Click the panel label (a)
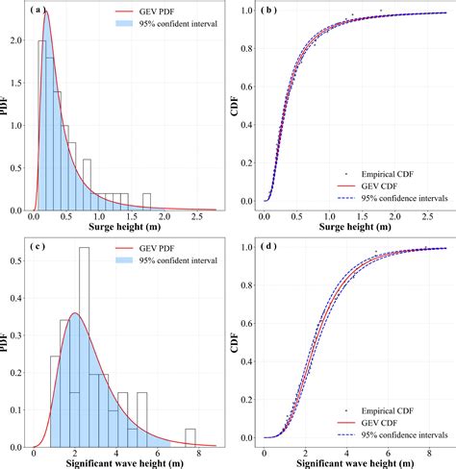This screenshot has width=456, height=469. pos(38,10)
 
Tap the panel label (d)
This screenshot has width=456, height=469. pos(268,246)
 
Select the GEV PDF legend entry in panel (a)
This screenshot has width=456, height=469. pos(145,12)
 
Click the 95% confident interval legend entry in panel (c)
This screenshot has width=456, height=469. pos(166,260)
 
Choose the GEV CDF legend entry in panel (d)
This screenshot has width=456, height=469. pos(367,423)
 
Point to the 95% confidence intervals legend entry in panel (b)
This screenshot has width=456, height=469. pos(393,198)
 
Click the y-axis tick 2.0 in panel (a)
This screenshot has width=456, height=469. pos(16,40)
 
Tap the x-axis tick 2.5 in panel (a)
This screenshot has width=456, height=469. pos(197,217)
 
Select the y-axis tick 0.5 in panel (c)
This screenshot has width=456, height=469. pos(16,260)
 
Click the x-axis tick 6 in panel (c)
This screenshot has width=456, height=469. pos(158,454)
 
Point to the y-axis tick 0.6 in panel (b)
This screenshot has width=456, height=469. pos(247,86)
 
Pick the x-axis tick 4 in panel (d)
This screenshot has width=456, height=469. pos(346,454)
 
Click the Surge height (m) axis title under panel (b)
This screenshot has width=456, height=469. pos(355,227)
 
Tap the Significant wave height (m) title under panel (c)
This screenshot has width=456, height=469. pos(125,463)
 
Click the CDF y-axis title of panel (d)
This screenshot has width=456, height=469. pos(235,342)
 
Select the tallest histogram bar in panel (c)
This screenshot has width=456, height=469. pos(85,347)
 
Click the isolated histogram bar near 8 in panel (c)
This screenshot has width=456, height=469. pos(190,438)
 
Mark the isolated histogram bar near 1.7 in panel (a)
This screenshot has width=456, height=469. pos(146,202)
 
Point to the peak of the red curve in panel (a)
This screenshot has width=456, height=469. pos(46,12)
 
